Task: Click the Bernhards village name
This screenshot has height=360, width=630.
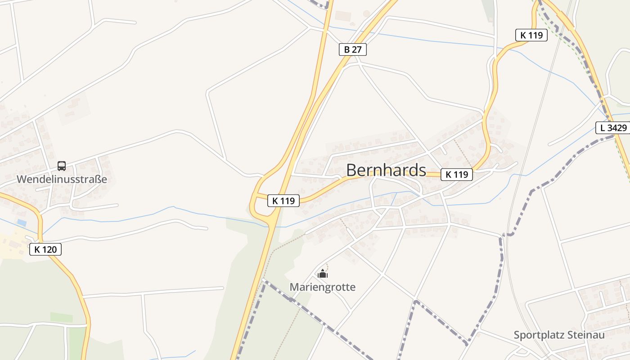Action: pyautogui.click(x=386, y=170)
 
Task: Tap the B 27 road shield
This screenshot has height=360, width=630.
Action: pyautogui.click(x=353, y=49)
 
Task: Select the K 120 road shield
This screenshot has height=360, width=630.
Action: pyautogui.click(x=45, y=249)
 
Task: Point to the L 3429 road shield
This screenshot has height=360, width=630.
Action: pyautogui.click(x=613, y=128)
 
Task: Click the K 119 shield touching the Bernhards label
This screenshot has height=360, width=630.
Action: pyautogui.click(x=457, y=175)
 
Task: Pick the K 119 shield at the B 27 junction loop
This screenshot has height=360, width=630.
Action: pyautogui.click(x=283, y=201)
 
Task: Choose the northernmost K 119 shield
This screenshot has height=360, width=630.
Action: pyautogui.click(x=531, y=35)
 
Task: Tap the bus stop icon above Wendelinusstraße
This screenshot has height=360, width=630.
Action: pyautogui.click(x=62, y=166)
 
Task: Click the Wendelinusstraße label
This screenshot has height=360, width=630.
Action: pyautogui.click(x=62, y=179)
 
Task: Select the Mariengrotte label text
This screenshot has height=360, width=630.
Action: pyautogui.click(x=323, y=287)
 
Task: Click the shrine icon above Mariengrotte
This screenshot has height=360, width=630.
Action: pyautogui.click(x=323, y=274)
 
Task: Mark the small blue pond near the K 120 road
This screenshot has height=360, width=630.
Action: pyautogui.click(x=22, y=223)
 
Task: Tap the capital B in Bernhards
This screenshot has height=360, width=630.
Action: pyautogui.click(x=352, y=170)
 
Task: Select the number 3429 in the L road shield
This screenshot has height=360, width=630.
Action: pyautogui.click(x=617, y=128)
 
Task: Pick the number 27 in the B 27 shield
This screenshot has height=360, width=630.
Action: pyautogui.click(x=356, y=49)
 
